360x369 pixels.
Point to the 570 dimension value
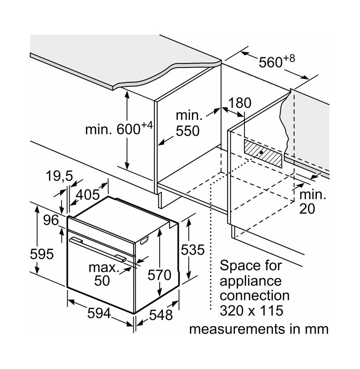159,275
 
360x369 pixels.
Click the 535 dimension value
192,250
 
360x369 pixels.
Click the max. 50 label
104,274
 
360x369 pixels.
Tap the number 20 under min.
307,208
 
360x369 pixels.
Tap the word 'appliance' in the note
251,281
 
